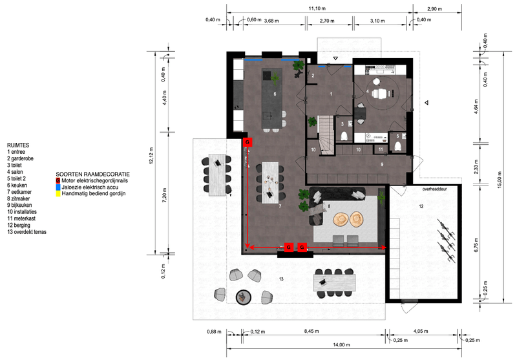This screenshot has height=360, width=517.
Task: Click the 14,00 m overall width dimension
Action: [x=341, y=345]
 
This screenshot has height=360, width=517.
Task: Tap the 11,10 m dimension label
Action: [x=317, y=8]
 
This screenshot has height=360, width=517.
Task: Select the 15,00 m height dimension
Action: [x=500, y=180]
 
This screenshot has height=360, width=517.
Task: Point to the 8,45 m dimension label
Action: [x=311, y=331]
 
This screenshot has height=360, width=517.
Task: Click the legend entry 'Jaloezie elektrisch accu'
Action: [x=90, y=187]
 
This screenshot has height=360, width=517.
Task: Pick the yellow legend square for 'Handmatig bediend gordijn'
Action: [x=58, y=193]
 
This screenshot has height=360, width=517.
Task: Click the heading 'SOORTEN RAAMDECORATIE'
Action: [x=92, y=174]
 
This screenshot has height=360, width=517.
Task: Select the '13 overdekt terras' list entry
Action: [x=26, y=232]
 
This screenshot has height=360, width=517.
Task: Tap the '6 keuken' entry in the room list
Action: [x=17, y=185]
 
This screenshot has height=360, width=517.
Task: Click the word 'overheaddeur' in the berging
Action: [x=434, y=189]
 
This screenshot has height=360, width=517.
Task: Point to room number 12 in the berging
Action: [x=421, y=206]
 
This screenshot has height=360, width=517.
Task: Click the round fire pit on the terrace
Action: [x=244, y=297]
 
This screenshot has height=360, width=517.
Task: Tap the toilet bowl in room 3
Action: [x=344, y=136]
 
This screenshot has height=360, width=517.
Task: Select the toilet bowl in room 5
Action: [x=397, y=146]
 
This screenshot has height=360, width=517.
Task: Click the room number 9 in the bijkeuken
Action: [x=382, y=164]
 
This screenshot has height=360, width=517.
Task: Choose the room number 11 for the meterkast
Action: [x=381, y=149]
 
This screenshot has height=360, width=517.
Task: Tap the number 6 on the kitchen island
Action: [x=275, y=94]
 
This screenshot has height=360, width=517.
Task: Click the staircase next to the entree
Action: [x=326, y=134]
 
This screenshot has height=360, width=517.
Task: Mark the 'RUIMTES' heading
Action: [x=18, y=145]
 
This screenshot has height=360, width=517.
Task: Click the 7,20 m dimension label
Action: [x=165, y=195]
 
